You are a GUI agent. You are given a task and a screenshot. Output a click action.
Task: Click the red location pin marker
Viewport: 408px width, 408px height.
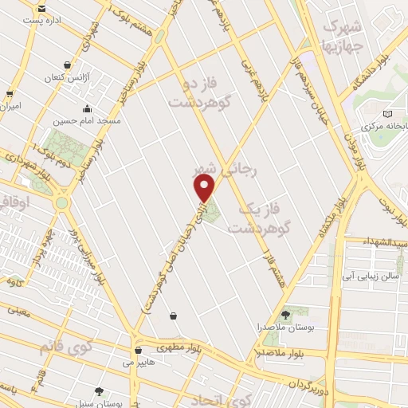[205, 187]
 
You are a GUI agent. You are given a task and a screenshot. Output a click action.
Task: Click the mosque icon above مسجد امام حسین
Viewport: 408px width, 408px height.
[87, 110]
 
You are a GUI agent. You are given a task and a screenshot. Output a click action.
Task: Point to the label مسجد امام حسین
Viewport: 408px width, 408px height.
[87, 121]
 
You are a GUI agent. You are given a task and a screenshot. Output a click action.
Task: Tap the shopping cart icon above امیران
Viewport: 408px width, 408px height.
[10, 93]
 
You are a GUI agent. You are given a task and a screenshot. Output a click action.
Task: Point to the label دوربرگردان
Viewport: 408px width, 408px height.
[322, 378]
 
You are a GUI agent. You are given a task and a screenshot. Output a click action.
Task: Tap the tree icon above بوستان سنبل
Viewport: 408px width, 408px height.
[99, 391]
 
